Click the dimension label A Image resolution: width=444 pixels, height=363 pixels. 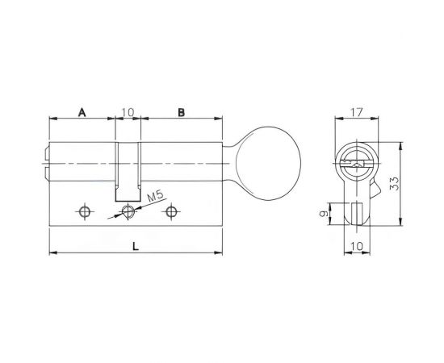tap(82, 114)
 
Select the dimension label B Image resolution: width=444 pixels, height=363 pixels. tap(181, 114)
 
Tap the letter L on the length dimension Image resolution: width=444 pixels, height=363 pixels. tap(136, 247)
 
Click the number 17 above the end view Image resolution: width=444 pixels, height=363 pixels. tap(354, 114)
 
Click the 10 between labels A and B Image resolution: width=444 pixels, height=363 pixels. tap(128, 114)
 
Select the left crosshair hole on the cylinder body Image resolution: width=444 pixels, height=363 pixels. tap(84, 211)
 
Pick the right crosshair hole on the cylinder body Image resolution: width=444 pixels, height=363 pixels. tap(170, 211)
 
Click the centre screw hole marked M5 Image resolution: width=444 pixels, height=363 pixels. tap(127, 211)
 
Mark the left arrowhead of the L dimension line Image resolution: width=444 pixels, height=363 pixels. tap(53, 254)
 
